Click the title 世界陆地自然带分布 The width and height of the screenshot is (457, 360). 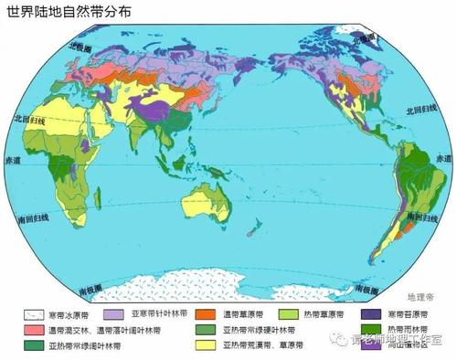coord(63,11)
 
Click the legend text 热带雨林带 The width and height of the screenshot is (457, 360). coord(417,330)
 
